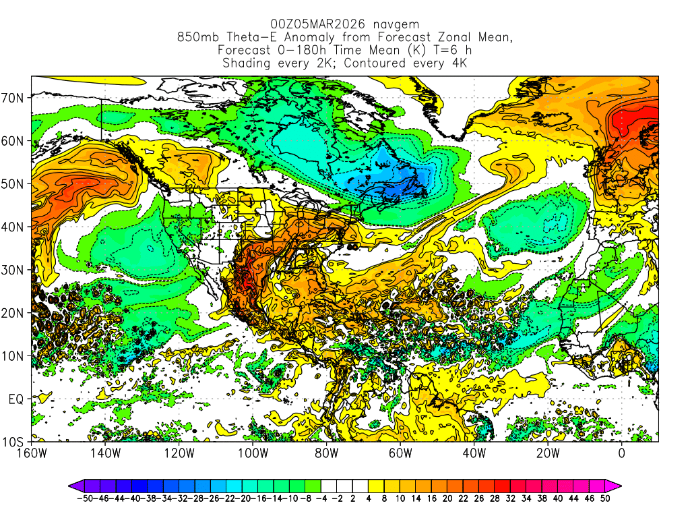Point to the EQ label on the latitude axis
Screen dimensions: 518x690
click(17, 399)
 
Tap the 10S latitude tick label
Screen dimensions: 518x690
click(14, 442)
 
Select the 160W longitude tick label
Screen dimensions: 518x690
click(32, 453)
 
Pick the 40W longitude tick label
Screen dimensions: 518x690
click(474, 453)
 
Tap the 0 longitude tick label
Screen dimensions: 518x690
click(621, 453)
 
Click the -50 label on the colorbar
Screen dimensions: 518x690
click(84, 500)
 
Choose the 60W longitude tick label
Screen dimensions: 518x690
click(400, 453)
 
